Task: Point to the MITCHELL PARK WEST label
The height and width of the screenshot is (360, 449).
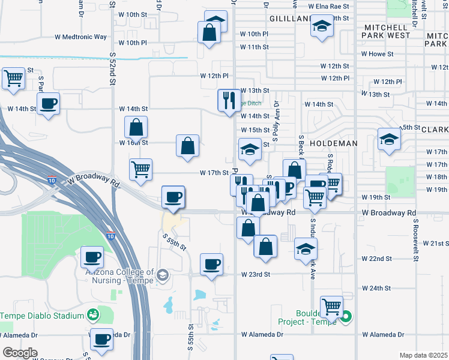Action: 386,31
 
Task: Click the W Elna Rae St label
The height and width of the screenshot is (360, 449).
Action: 329,6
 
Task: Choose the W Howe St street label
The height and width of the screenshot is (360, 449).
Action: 377,53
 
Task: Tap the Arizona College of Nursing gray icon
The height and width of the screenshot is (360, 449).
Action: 162,276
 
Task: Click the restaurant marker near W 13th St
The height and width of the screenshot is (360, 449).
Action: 229,100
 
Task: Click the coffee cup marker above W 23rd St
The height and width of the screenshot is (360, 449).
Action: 211,264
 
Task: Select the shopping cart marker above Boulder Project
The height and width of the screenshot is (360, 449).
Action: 331,307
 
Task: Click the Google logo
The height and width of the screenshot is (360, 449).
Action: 20,352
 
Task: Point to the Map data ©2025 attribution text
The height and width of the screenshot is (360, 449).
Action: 423,355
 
